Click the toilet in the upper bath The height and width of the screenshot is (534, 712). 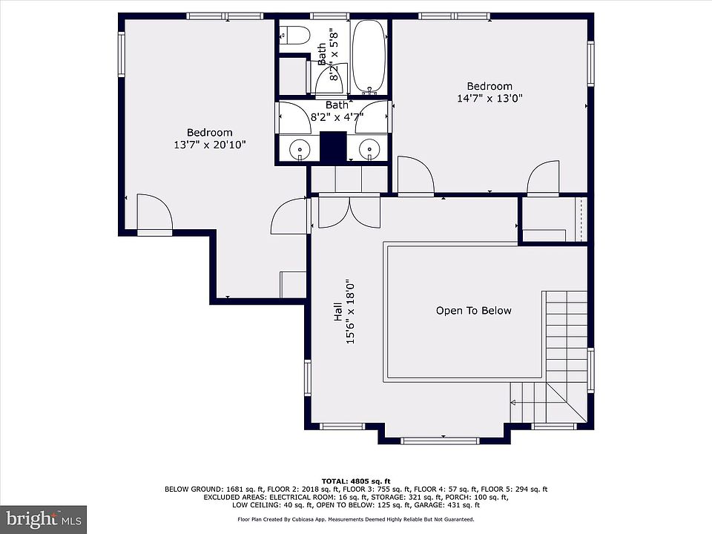point(294,35)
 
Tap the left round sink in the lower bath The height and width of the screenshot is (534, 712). point(300,148)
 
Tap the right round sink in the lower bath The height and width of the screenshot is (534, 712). point(369,148)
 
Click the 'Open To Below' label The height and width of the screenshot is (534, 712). point(474,311)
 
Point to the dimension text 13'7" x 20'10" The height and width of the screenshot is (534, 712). point(210,145)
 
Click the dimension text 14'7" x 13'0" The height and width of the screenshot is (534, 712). point(489,98)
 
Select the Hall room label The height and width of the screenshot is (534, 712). point(338,312)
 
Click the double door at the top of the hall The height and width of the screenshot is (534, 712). point(349,211)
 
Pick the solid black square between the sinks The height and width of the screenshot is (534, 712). point(334,146)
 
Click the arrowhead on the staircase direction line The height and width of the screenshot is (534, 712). point(513,402)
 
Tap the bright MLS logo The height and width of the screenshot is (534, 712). point(43,519)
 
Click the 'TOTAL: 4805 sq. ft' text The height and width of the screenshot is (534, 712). point(356,481)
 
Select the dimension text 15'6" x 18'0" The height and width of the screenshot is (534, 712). point(350,312)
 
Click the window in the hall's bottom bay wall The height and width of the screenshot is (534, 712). point(440,441)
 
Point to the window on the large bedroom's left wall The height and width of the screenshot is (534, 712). point(121,54)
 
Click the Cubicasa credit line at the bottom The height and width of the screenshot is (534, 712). point(356,519)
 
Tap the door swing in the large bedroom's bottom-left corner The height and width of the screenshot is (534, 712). point(155,214)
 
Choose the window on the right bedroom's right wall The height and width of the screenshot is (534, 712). point(591,64)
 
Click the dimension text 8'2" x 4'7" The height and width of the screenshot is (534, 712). point(337,117)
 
